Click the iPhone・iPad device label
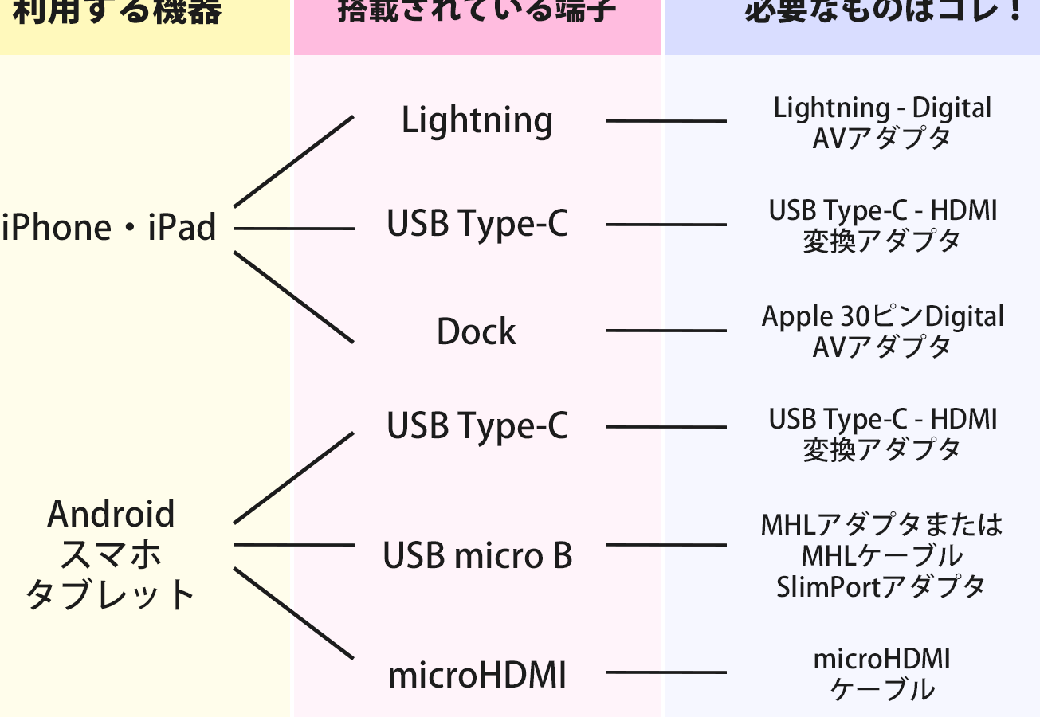tap(109, 229)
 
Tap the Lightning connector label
tap(477, 121)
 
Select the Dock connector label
tap(477, 331)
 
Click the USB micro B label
tap(477, 555)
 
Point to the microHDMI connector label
tap(477, 676)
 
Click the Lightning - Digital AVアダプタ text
tap(882, 123)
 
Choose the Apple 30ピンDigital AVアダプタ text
tap(882, 331)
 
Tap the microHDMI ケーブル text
tap(882, 674)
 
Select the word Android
tap(111, 515)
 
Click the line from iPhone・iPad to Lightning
tap(293, 161)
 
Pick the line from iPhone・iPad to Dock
tap(293, 297)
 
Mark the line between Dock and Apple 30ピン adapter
tap(666, 331)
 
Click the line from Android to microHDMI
tap(293, 613)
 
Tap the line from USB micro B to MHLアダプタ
tap(666, 545)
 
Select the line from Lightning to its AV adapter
tap(666, 121)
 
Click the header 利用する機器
tap(117, 13)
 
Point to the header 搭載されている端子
tap(477, 13)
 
